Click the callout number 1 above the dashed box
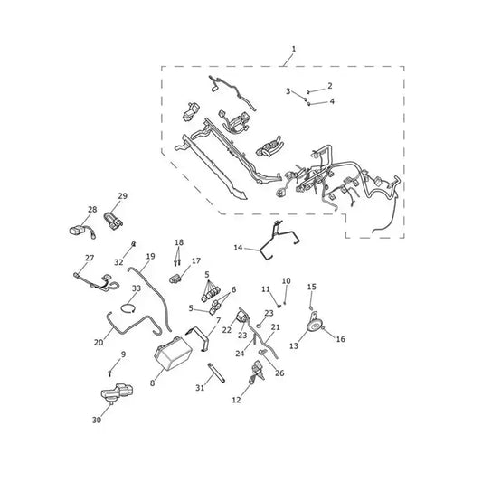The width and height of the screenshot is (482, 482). click(x=294, y=49)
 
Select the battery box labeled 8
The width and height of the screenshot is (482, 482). click(x=173, y=353)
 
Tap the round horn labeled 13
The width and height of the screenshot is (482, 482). click(x=314, y=324)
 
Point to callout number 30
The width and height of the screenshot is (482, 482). click(x=97, y=420)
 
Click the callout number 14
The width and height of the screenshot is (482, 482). click(x=238, y=248)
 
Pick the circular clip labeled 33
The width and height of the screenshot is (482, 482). click(x=128, y=308)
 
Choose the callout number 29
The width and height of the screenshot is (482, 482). click(x=123, y=196)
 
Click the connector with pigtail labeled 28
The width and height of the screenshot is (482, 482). click(x=82, y=232)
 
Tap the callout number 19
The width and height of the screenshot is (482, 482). click(x=151, y=256)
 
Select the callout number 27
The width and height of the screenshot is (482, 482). click(x=90, y=258)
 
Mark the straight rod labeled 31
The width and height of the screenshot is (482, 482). click(x=216, y=373)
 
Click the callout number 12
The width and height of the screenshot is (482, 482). click(x=236, y=400)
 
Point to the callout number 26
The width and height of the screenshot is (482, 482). click(x=279, y=373)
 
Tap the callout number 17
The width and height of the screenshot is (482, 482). click(x=196, y=261)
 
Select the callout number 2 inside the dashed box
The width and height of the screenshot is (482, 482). click(x=330, y=85)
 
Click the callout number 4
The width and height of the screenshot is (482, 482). click(x=332, y=101)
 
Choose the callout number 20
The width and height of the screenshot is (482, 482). click(x=99, y=342)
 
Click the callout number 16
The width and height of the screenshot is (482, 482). click(x=341, y=339)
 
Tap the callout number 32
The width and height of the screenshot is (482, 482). click(x=118, y=262)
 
